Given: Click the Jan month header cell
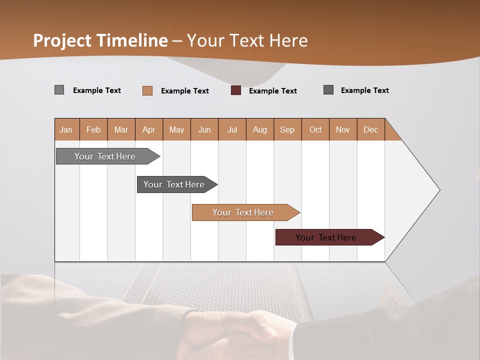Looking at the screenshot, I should point(66,129).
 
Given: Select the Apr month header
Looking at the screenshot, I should point(149,129).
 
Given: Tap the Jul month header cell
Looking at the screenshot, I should point(232,129).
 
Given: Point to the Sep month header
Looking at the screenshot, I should point(287,129).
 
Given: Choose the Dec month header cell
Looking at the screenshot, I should point(370,129).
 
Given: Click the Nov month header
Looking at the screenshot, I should point(343,129).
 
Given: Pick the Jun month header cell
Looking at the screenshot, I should point(204,129).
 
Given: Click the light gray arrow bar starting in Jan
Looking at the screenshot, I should point(105,156).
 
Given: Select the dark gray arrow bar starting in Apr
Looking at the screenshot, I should point(174,184).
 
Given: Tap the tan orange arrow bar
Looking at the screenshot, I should point(243,212).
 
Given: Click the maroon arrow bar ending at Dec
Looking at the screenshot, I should point(326,237).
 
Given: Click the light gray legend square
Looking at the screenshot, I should point(59,90).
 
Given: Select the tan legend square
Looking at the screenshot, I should point(147,90).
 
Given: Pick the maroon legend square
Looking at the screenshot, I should point(236,90).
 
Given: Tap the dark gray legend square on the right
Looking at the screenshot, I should point(328,90).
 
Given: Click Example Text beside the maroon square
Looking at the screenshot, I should point(272,90).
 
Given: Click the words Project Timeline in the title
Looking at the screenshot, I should point(100,40).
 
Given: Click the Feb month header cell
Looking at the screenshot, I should point(93,129).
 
